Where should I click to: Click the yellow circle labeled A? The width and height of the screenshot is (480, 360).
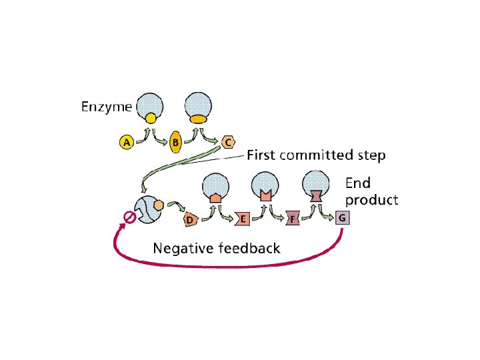(x=125, y=141)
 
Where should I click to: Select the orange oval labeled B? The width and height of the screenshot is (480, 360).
(x=175, y=141)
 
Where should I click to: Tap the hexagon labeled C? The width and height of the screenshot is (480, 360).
(x=228, y=141)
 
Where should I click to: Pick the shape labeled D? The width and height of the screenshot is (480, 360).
(x=189, y=219)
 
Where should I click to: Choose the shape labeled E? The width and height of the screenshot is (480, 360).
(x=242, y=219)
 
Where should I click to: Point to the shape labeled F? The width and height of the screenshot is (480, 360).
(x=292, y=219)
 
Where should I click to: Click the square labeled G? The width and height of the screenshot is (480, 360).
(x=341, y=218)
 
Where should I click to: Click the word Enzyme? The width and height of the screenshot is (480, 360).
(x=107, y=106)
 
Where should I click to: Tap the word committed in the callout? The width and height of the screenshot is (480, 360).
(x=315, y=155)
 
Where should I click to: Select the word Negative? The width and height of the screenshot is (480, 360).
(x=183, y=249)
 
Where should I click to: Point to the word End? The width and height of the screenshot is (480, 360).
(x=357, y=183)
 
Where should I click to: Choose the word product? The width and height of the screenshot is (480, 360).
(x=371, y=199)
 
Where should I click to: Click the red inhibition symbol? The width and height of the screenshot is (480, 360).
(x=130, y=217)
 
